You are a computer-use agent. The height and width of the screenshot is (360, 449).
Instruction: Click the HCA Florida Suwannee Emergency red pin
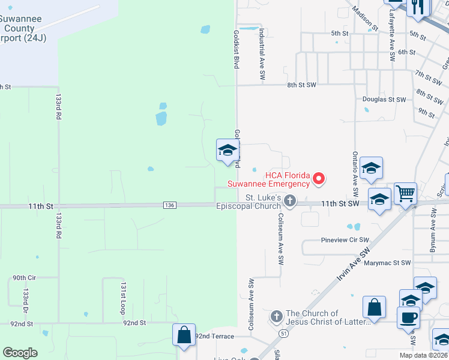[319, 178]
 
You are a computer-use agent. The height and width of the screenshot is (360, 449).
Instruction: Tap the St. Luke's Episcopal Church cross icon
[290, 201]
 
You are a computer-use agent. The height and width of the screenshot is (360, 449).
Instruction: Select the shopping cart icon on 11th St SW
[406, 193]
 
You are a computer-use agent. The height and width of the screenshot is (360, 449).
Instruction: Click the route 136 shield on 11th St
[169, 205]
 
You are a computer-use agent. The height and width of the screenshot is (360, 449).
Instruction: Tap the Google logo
[20, 353]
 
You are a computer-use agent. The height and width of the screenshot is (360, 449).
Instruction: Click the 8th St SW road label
[301, 85]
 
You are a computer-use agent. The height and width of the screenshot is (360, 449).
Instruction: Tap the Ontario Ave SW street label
[355, 175]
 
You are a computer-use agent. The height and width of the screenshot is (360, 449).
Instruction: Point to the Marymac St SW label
[388, 263]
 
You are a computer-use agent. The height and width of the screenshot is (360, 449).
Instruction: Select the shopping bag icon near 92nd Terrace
[184, 335]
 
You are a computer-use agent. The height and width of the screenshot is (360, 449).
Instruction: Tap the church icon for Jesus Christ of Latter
[276, 316]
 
